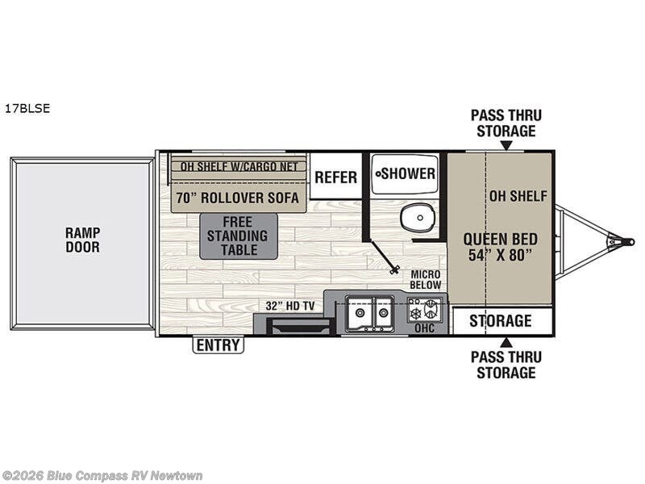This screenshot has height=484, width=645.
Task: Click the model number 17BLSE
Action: pyautogui.click(x=27, y=109)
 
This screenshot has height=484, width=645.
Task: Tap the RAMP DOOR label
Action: pyautogui.click(x=82, y=240)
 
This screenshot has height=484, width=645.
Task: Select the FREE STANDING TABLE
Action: pyautogui.click(x=239, y=236)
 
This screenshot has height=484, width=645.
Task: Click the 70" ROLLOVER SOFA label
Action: pyautogui.click(x=238, y=198)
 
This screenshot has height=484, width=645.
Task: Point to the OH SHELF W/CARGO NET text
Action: pyautogui.click(x=239, y=167)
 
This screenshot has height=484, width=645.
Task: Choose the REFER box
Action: pyautogui.click(x=335, y=177)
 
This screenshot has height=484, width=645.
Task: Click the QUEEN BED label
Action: pyautogui.click(x=501, y=239)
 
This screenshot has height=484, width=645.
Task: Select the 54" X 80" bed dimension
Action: pyautogui.click(x=501, y=256)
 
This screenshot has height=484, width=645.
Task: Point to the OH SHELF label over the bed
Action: pyautogui.click(x=518, y=196)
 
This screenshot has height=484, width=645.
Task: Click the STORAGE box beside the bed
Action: pyautogui.click(x=501, y=321)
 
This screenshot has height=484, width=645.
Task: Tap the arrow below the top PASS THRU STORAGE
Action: pyautogui.click(x=506, y=146)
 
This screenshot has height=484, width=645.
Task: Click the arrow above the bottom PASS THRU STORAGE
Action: pyautogui.click(x=506, y=341)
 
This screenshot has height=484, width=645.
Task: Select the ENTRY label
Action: pyautogui.click(x=218, y=345)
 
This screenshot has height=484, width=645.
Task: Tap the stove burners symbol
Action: pyautogui.click(x=425, y=310)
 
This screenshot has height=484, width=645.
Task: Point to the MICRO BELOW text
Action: pyautogui.click(x=424, y=280)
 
